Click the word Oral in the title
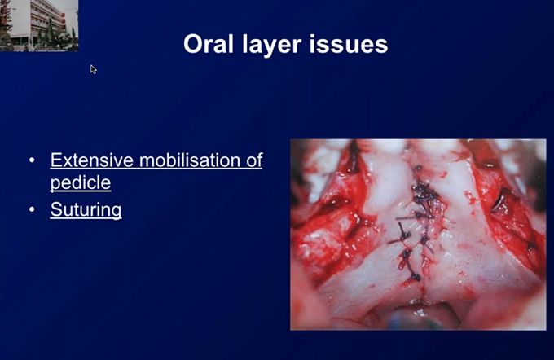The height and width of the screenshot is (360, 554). (x=209, y=44)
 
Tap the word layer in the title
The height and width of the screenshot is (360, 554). (x=272, y=45)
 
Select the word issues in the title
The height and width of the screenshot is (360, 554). (x=349, y=44)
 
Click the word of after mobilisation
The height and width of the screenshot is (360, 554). (x=257, y=160)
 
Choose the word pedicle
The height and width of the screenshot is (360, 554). (x=81, y=183)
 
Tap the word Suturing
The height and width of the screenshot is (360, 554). (x=86, y=210)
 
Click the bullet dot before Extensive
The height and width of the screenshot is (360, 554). (x=32, y=160)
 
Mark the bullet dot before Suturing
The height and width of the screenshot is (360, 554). (x=32, y=209)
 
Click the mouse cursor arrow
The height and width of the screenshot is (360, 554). (x=93, y=69)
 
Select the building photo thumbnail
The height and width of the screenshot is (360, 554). (x=39, y=25)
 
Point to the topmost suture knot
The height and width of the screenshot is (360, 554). (x=419, y=169)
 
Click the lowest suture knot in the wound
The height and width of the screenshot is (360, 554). (x=415, y=278)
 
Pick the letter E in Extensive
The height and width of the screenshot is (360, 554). (x=56, y=160)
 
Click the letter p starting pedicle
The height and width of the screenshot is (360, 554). (x=55, y=185)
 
